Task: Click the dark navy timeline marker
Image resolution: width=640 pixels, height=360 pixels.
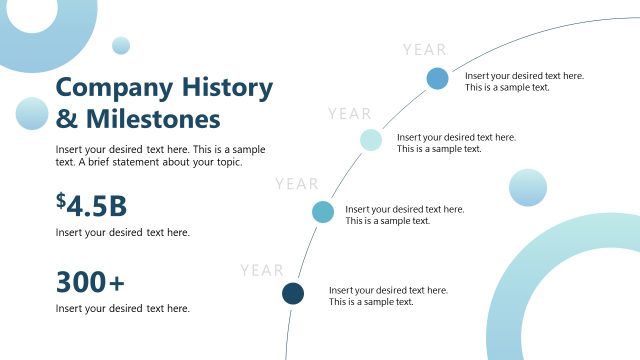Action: (x=293, y=293)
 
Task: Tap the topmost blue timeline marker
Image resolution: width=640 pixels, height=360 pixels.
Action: (x=437, y=78)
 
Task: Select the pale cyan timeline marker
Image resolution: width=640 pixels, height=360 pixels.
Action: (x=371, y=140)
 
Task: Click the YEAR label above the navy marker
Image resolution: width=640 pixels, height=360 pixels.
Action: (x=262, y=270)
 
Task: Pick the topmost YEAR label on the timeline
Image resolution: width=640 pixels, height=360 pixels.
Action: (x=425, y=49)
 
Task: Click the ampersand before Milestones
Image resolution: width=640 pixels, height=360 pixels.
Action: (x=66, y=119)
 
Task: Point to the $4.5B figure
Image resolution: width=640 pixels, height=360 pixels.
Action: (x=92, y=206)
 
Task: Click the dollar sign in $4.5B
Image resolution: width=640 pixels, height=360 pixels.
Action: (x=61, y=202)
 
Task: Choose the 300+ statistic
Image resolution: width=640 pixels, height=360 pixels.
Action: (x=90, y=283)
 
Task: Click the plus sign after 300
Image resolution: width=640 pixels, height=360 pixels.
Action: (x=117, y=284)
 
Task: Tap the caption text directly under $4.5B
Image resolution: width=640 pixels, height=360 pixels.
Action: (x=122, y=232)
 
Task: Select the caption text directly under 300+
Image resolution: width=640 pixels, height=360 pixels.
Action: (x=122, y=308)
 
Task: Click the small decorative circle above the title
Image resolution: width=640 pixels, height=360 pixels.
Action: (x=121, y=45)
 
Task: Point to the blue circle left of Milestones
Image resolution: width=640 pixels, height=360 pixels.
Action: (x=32, y=113)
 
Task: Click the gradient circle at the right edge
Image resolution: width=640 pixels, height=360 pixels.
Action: (x=528, y=187)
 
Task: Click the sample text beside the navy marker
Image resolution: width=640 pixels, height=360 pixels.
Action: (x=388, y=296)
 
